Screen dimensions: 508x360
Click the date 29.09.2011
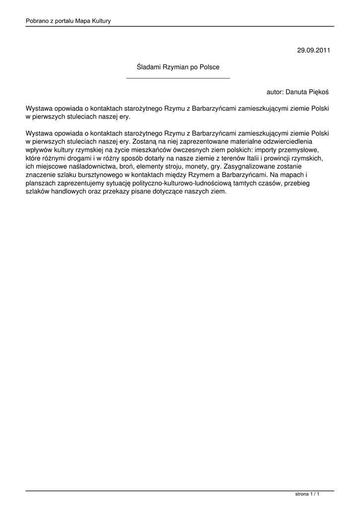pyautogui.click(x=313, y=50)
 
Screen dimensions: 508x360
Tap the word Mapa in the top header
pyautogui.click(x=81, y=21)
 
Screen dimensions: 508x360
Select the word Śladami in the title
pyautogui.click(x=147, y=66)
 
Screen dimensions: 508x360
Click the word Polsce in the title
pyautogui.click(x=209, y=66)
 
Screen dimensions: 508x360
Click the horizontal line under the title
pyautogui.click(x=178, y=78)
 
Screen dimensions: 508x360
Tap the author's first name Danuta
pyautogui.click(x=297, y=92)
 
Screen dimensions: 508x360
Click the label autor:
pyautogui.click(x=275, y=92)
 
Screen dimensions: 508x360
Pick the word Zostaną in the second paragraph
pyautogui.click(x=144, y=141)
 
